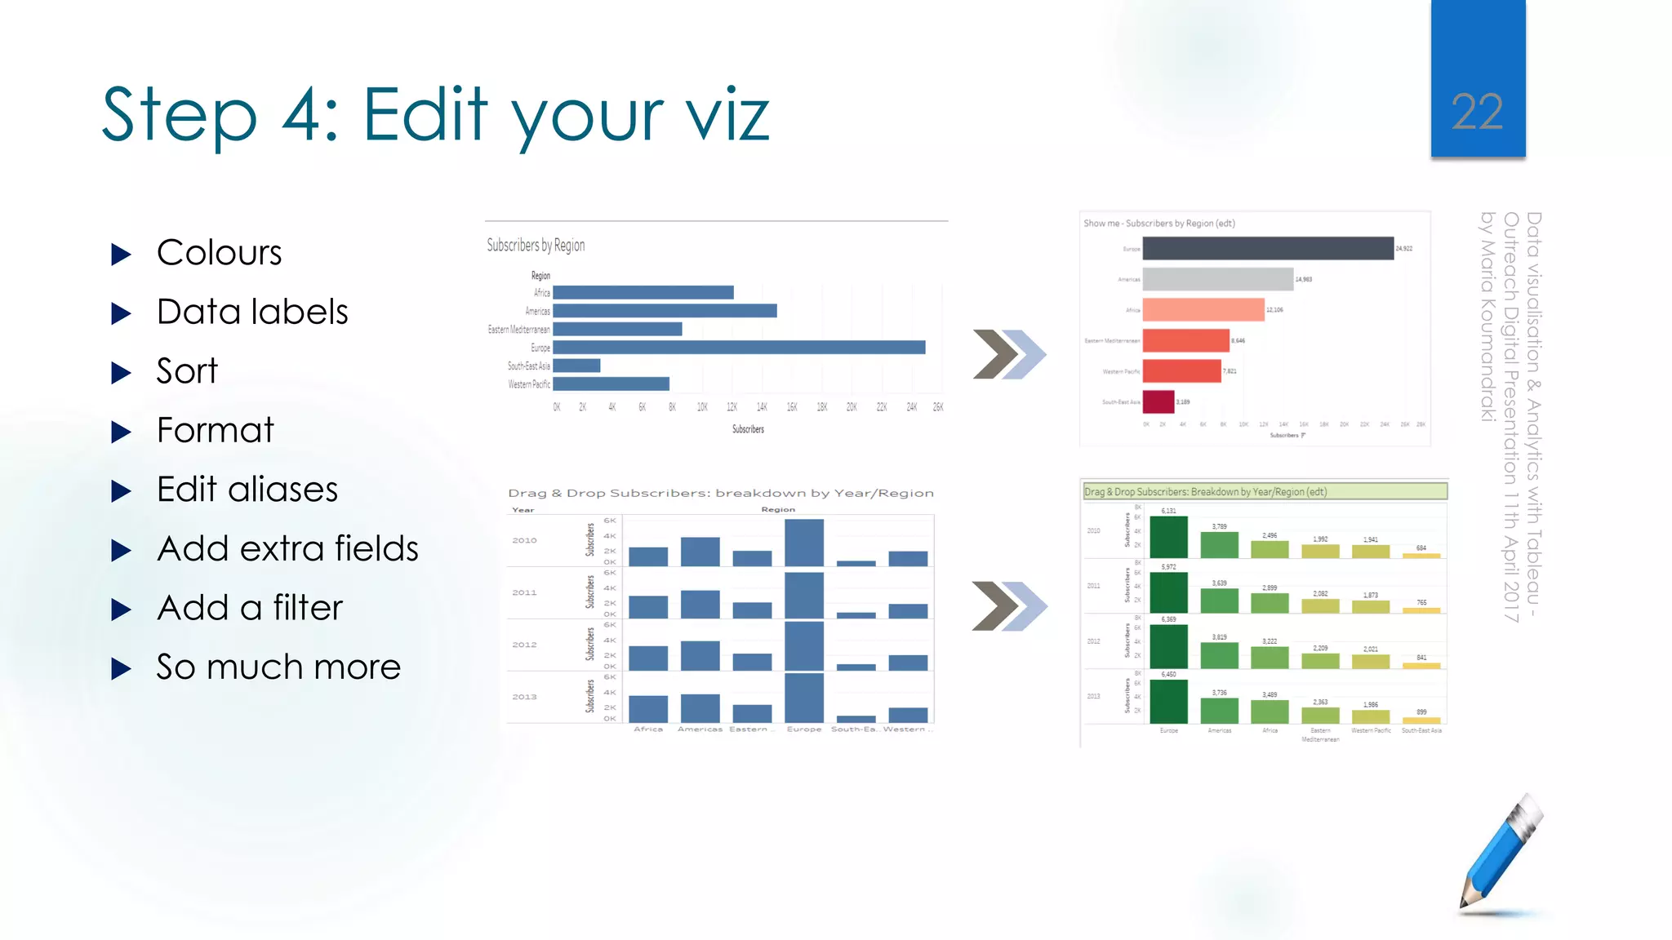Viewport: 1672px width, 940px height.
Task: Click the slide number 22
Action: click(x=1477, y=112)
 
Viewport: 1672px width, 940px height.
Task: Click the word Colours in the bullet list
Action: click(x=219, y=253)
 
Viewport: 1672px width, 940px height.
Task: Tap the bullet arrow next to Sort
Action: click(x=121, y=373)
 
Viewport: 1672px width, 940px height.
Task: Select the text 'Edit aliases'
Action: click(x=247, y=490)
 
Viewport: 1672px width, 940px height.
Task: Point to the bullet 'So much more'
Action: click(x=278, y=667)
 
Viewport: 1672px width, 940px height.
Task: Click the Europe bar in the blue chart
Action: click(x=739, y=348)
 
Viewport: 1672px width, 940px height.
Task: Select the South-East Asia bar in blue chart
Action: click(x=576, y=366)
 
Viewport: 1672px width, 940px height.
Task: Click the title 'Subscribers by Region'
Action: click(x=536, y=245)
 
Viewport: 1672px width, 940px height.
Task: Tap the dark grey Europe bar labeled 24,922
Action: click(x=1267, y=248)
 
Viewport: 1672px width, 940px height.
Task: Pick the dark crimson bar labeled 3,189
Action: click(x=1158, y=401)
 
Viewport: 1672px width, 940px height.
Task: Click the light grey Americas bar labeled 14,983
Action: click(x=1217, y=279)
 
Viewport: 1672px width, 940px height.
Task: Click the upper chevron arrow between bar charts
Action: click(x=1009, y=354)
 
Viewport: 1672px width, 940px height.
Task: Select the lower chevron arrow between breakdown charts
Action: click(x=1009, y=606)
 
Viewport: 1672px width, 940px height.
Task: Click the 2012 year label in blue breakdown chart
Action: click(x=524, y=645)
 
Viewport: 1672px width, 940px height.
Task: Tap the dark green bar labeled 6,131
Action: click(x=1168, y=537)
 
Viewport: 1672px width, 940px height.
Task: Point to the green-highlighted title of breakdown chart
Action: click(x=1264, y=491)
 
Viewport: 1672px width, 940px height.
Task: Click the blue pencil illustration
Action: click(x=1501, y=853)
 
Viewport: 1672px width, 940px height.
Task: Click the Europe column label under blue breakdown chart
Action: click(x=803, y=729)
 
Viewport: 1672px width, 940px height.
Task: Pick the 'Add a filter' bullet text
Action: click(x=250, y=608)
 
